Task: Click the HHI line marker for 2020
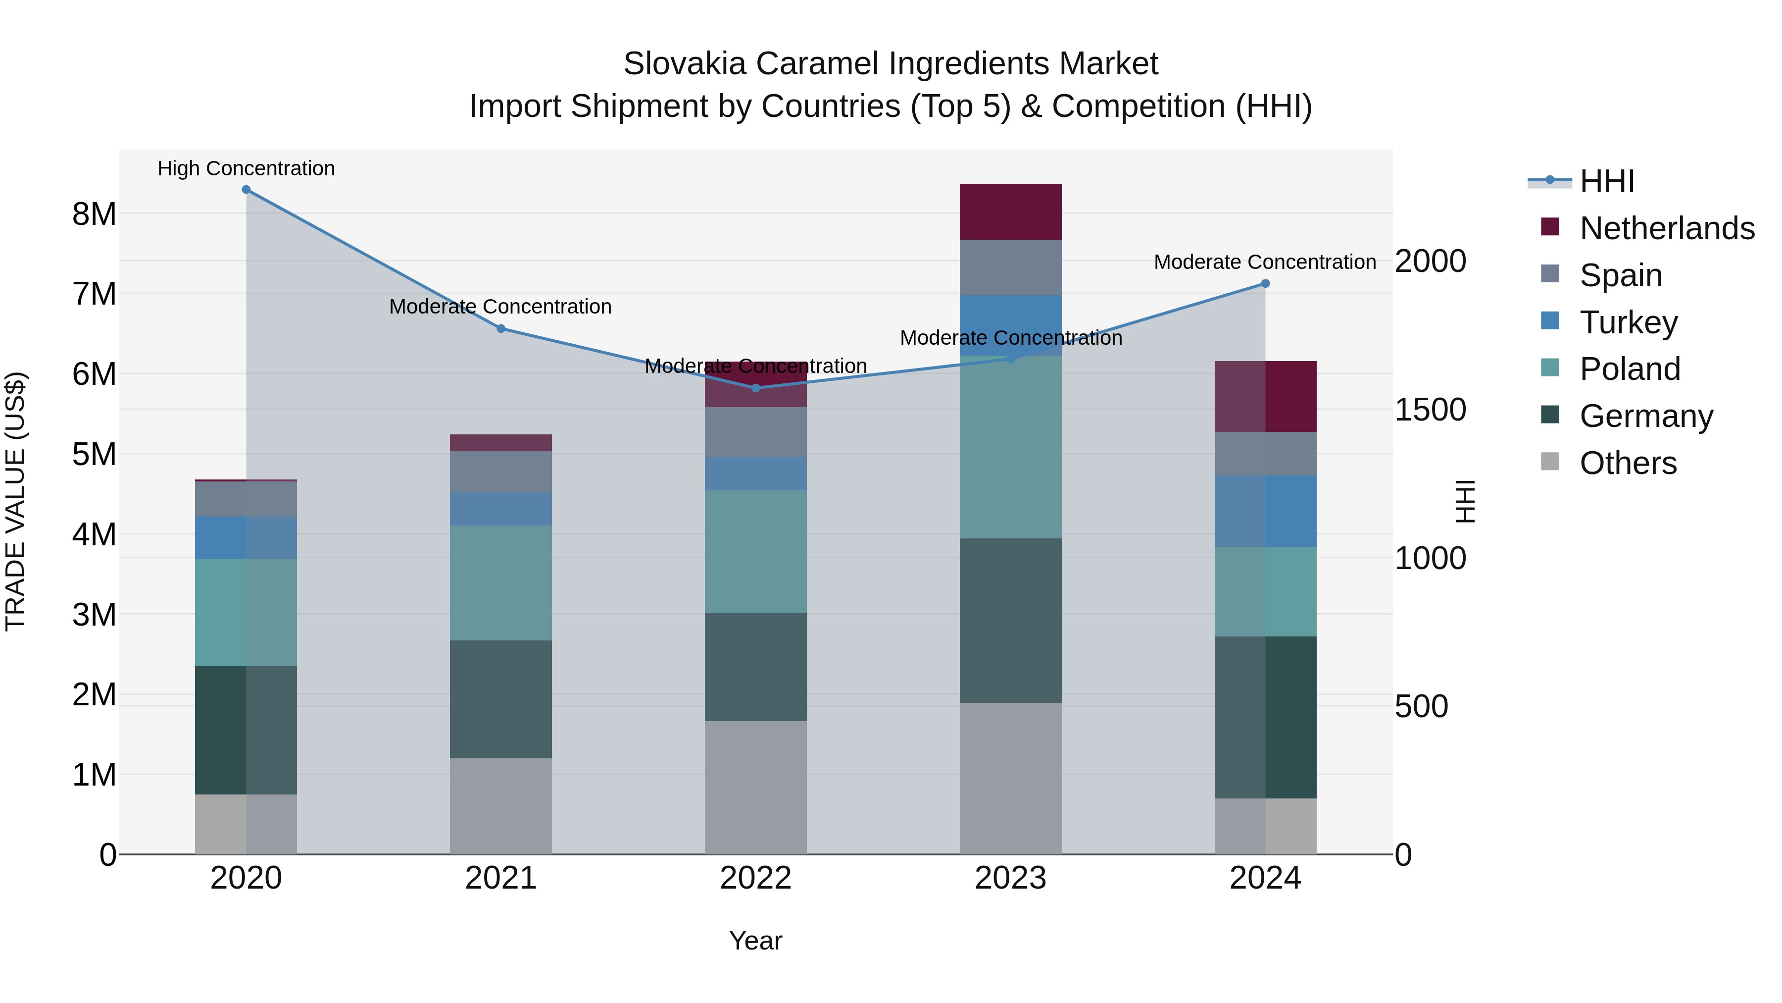[247, 190]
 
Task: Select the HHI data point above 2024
[1265, 283]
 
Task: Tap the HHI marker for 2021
[501, 329]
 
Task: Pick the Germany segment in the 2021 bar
[501, 699]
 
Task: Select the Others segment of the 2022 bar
[755, 788]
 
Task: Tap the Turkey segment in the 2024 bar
[1265, 512]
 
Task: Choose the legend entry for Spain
[1620, 275]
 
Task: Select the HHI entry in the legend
[1606, 181]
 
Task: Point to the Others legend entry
[1628, 463]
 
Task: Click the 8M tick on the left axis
[94, 214]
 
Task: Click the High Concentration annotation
[247, 168]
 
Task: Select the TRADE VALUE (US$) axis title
[15, 501]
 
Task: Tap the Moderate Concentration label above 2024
[1265, 263]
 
